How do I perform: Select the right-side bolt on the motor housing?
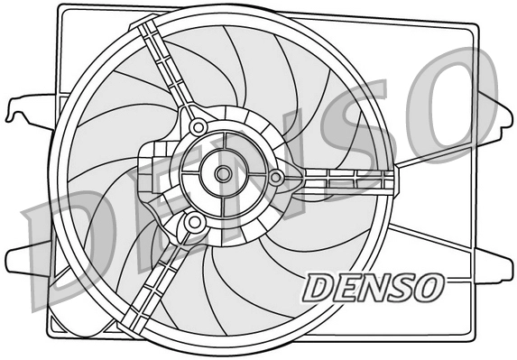pos(276,178)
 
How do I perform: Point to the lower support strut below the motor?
pos(158,280)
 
